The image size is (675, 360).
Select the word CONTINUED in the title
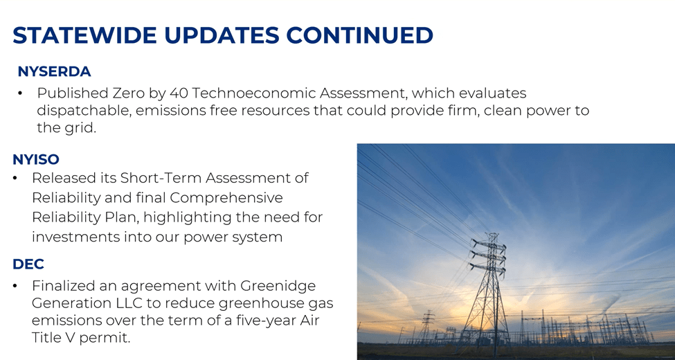359,35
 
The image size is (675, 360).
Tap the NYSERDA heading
54,71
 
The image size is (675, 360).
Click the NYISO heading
36,159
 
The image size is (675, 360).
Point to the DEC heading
28,264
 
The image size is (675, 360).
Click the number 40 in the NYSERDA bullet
179,93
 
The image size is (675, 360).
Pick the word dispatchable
84,111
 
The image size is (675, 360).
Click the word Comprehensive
226,198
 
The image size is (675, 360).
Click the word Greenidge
278,285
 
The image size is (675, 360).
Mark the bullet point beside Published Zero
20,93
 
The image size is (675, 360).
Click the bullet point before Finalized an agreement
15,286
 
